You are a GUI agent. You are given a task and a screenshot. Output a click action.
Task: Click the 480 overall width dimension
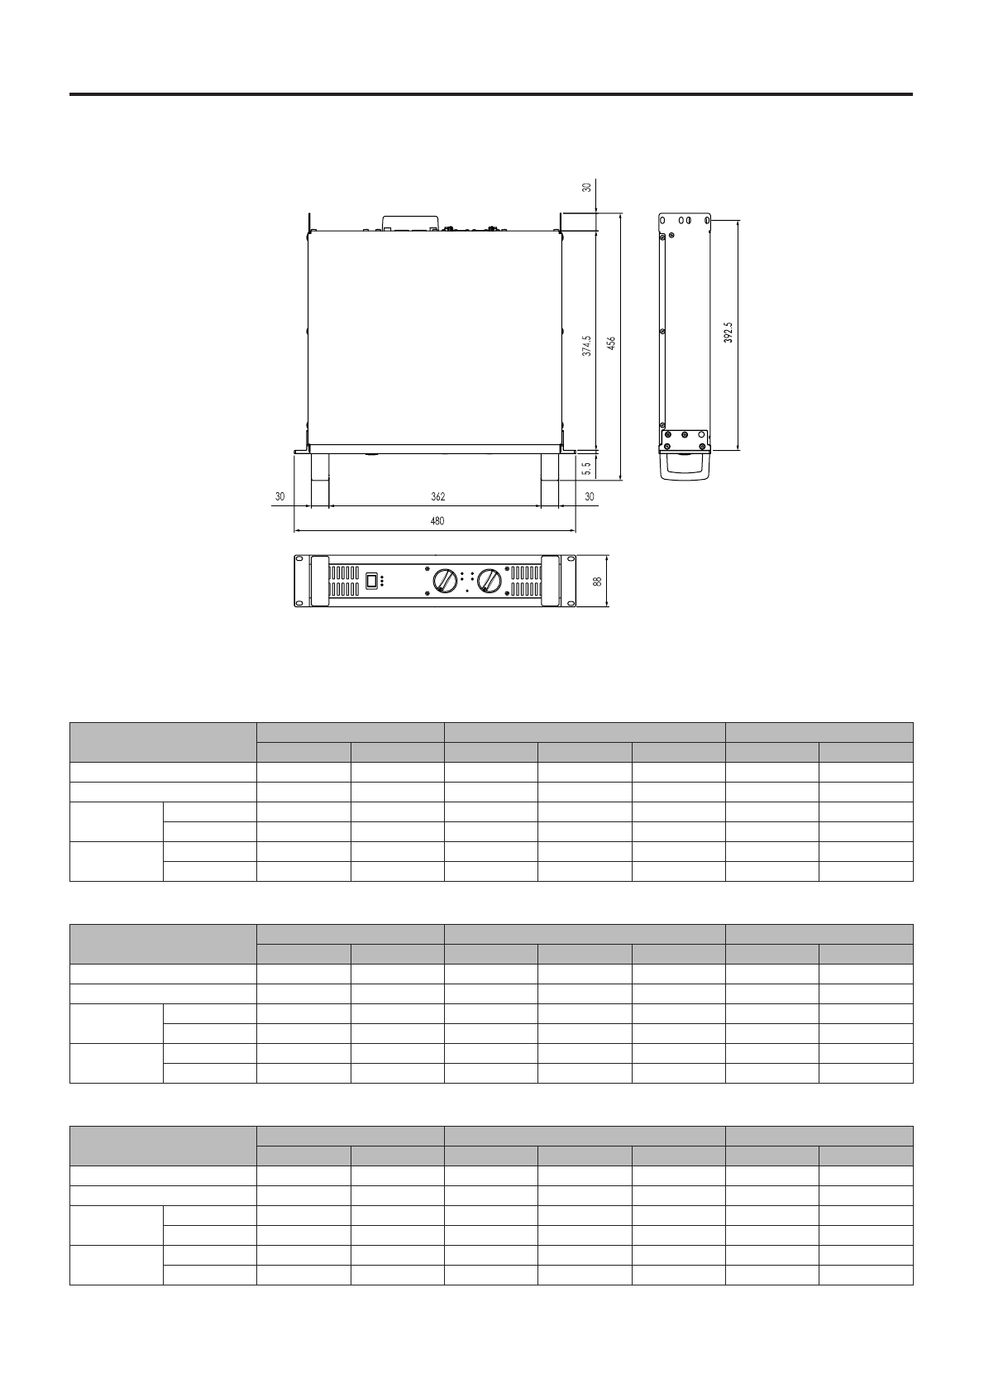pyautogui.click(x=437, y=521)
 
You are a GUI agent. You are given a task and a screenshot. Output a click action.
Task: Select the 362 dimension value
pyautogui.click(x=438, y=497)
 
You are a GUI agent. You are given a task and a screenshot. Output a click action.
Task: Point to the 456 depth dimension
pyautogui.click(x=612, y=343)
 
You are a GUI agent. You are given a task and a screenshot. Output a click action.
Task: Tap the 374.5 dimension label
pyautogui.click(x=587, y=346)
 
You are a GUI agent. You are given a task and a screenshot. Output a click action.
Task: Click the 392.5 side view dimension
pyautogui.click(x=728, y=333)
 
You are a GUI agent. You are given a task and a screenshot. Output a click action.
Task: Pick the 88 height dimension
pyautogui.click(x=597, y=582)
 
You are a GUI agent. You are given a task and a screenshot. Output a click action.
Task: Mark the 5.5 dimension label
pyautogui.click(x=587, y=468)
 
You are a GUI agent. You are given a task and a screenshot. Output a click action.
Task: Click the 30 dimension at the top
pyautogui.click(x=587, y=187)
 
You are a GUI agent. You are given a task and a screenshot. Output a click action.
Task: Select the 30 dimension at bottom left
pyautogui.click(x=280, y=497)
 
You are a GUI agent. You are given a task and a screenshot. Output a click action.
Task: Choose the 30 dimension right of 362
pyautogui.click(x=590, y=497)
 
